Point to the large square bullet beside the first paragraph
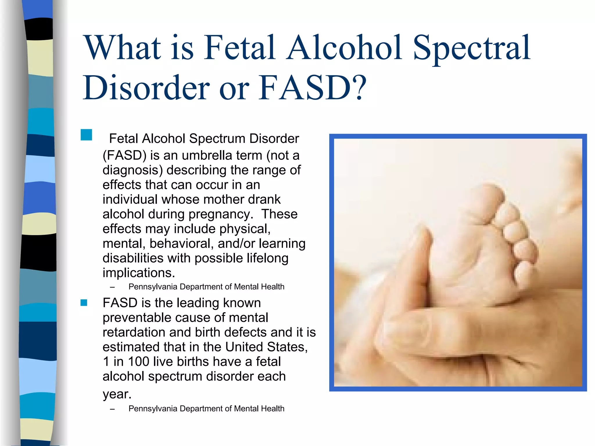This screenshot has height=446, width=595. tap(86, 135)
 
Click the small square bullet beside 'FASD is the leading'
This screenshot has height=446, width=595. tap(84, 303)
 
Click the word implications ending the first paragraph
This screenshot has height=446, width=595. tap(139, 273)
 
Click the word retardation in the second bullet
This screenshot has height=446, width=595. tap(134, 332)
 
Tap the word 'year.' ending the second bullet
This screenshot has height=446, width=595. tap(117, 394)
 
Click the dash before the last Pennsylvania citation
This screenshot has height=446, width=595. tap(112, 409)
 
